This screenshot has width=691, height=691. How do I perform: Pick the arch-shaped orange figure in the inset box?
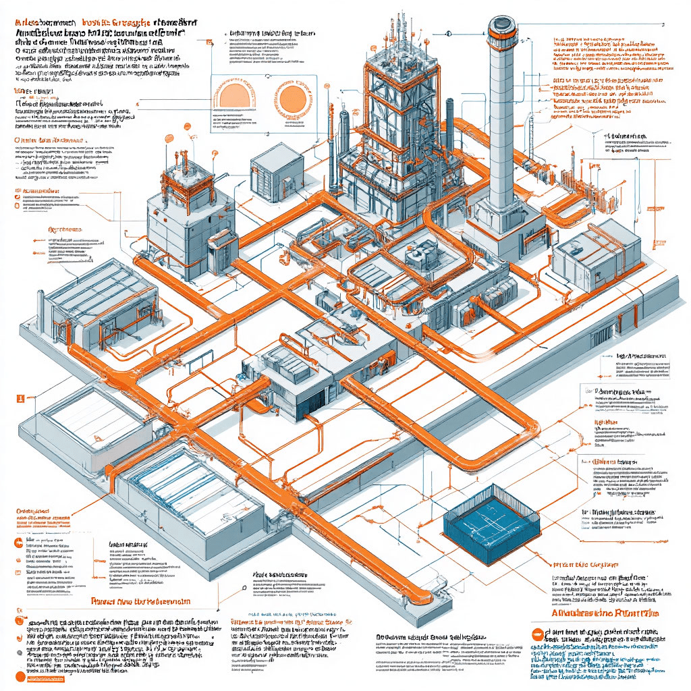[x=235, y=96]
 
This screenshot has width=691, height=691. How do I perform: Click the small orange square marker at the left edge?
[x=20, y=398]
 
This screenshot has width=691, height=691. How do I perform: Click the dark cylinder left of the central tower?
[x=344, y=135]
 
